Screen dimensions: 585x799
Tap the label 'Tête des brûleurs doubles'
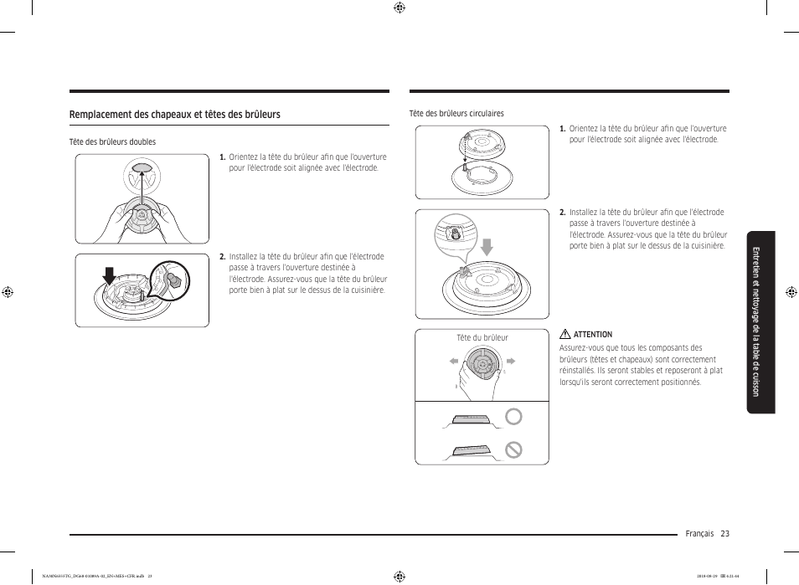click(x=112, y=142)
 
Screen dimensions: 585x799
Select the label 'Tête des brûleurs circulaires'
click(x=456, y=114)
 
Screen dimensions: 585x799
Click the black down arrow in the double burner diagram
click(x=108, y=275)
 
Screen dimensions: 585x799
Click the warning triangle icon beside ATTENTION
click(x=565, y=335)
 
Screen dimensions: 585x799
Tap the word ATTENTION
click(x=592, y=335)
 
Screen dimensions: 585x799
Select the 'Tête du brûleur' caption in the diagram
click(x=482, y=338)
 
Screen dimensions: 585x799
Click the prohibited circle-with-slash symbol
click(x=513, y=450)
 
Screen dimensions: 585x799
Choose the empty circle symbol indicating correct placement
click(x=513, y=418)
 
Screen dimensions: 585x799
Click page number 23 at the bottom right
click(x=724, y=534)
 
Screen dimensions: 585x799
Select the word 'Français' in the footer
click(x=699, y=534)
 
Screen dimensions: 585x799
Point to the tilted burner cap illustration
click(x=474, y=450)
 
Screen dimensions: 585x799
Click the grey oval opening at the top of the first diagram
click(x=142, y=170)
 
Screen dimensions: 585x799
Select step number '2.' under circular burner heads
click(x=563, y=213)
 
